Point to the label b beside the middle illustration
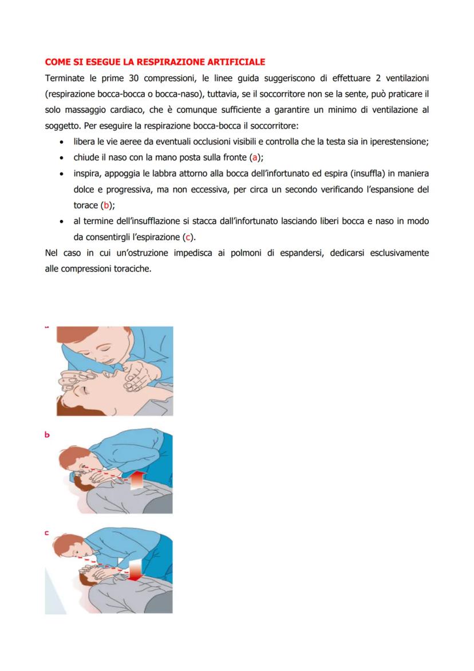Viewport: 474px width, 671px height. pos(47,435)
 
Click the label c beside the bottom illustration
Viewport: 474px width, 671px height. pos(47,533)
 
